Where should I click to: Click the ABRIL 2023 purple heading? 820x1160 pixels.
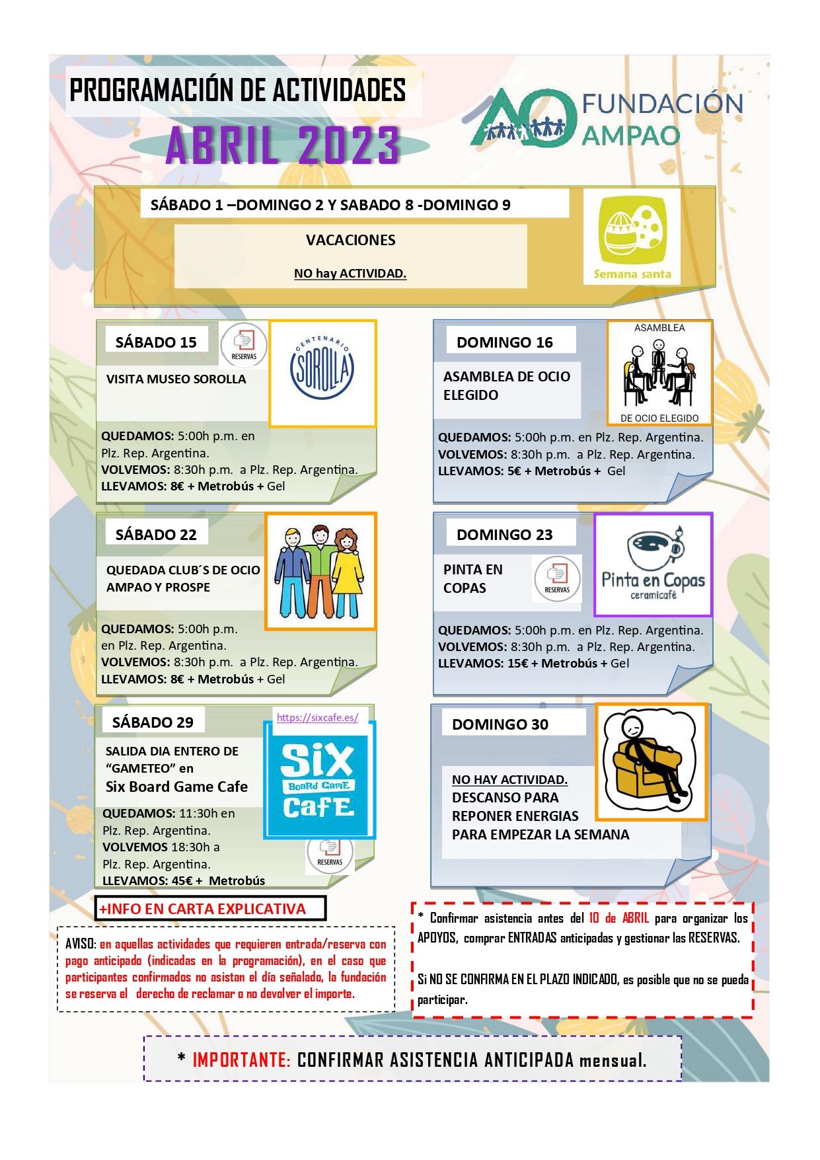(282, 145)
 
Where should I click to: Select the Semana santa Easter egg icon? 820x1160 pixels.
(632, 235)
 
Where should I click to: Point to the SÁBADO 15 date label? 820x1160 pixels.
(156, 342)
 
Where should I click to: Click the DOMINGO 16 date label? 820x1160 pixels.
(504, 342)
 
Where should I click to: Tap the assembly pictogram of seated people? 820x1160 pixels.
(659, 373)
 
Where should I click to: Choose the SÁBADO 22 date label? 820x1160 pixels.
(156, 534)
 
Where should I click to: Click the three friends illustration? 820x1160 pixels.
(320, 571)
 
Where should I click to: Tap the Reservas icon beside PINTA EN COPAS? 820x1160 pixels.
(557, 578)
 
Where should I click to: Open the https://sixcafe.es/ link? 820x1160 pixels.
(317, 718)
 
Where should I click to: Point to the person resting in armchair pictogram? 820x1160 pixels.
(651, 761)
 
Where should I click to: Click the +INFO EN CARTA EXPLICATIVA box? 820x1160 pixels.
(211, 908)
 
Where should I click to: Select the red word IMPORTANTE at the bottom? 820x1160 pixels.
(241, 1060)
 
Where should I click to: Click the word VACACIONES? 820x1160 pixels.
(350, 240)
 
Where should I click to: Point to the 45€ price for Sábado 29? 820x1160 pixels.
(182, 880)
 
